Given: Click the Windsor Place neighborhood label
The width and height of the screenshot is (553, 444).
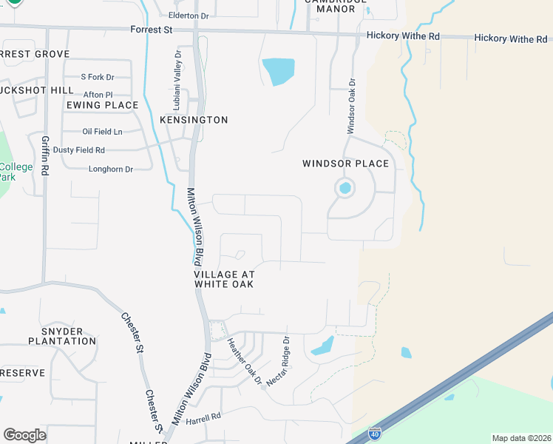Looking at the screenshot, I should pyautogui.click(x=345, y=164).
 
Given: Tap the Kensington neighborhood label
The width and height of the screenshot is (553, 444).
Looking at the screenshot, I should pyautogui.click(x=194, y=120).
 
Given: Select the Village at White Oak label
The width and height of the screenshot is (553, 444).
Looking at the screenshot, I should pyautogui.click(x=225, y=279).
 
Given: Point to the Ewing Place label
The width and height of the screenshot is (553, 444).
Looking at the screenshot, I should pyautogui.click(x=102, y=105).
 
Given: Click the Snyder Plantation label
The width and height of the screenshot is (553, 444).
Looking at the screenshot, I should pyautogui.click(x=62, y=336).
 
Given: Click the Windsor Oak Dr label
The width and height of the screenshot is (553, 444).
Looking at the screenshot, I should pyautogui.click(x=352, y=107).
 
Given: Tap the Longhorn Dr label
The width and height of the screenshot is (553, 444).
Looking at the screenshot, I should pyautogui.click(x=110, y=169).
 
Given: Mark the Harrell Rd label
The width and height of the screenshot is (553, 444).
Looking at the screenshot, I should pyautogui.click(x=203, y=417).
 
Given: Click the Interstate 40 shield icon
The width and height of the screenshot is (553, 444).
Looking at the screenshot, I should pyautogui.click(x=376, y=431).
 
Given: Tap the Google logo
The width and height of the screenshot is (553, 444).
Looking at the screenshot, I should pyautogui.click(x=24, y=435).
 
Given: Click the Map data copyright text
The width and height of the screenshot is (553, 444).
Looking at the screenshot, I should pyautogui.click(x=521, y=438).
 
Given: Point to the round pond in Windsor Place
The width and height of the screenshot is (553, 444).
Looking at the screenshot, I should pyautogui.click(x=345, y=188).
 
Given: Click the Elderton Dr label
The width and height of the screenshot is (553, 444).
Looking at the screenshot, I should pyautogui.click(x=190, y=16).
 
